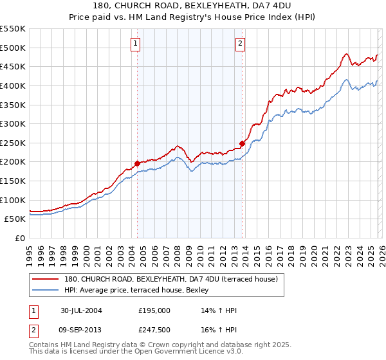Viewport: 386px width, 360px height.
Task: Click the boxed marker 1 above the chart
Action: (x=136, y=44)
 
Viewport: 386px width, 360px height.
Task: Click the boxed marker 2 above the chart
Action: (x=240, y=44)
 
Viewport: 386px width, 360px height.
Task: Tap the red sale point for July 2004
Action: (x=137, y=163)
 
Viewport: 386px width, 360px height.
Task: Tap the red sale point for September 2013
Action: (x=242, y=143)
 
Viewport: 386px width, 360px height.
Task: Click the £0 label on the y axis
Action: (x=21, y=238)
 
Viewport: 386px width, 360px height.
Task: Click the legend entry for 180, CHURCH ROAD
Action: (x=170, y=279)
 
